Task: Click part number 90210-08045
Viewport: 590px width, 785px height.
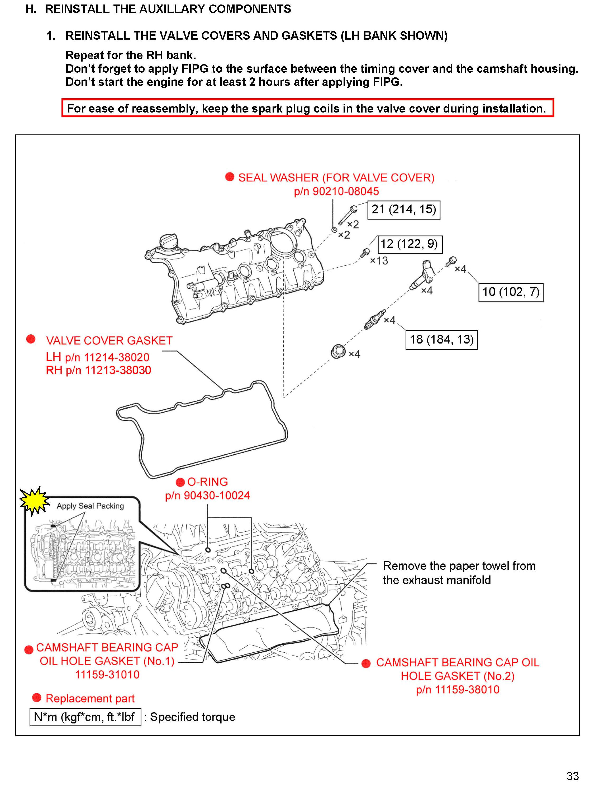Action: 336,191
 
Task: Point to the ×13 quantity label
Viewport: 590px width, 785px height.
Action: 379,261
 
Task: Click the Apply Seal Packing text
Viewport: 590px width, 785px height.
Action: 90,506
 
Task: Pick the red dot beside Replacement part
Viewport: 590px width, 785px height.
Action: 36,698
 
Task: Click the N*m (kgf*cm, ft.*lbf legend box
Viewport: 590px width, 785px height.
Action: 85,717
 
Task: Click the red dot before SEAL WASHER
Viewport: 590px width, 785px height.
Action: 230,177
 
